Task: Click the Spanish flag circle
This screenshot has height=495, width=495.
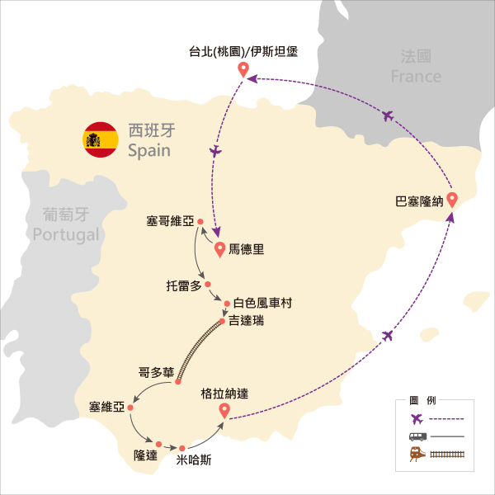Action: tap(101, 139)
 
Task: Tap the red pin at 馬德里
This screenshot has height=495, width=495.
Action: tap(219, 249)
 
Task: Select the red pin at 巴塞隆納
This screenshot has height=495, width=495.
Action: tap(452, 200)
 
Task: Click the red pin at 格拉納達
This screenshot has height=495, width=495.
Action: tap(224, 411)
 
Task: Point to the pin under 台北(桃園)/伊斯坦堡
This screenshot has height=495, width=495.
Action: tap(243, 69)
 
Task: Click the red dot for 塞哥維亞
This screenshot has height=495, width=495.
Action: tap(200, 222)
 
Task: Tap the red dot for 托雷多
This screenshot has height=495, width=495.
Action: tap(207, 285)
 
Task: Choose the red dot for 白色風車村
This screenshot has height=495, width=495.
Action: tap(227, 304)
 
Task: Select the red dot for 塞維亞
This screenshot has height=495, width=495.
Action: tap(130, 408)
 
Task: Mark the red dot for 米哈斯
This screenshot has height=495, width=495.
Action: tap(181, 448)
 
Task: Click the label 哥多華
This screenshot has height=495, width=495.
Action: tap(156, 373)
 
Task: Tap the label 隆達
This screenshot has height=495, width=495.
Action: tap(145, 455)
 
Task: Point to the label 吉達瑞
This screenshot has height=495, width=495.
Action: tap(246, 321)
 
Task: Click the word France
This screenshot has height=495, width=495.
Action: tap(416, 77)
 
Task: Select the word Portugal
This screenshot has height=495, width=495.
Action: tap(66, 235)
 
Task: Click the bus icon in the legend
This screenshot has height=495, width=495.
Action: tap(417, 436)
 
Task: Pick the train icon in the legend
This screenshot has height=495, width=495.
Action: tap(417, 455)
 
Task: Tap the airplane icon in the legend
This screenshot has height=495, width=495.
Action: tap(417, 419)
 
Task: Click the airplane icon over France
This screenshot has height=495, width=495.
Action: tap(388, 115)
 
